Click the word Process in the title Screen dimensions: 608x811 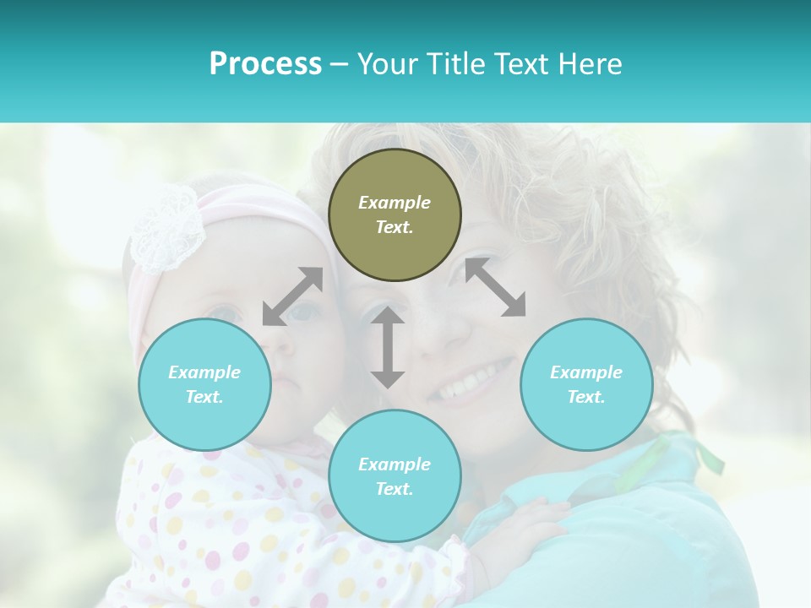pos(265,64)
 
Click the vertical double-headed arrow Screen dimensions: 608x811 pos(388,347)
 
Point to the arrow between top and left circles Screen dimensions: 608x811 pos(292,296)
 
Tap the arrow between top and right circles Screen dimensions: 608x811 pos(495,287)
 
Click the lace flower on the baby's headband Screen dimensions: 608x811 pos(166,228)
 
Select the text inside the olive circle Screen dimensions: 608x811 pos(395,214)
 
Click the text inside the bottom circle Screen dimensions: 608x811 pos(395,476)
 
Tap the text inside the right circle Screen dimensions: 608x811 pos(586,384)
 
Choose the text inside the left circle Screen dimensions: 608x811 pos(204,384)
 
